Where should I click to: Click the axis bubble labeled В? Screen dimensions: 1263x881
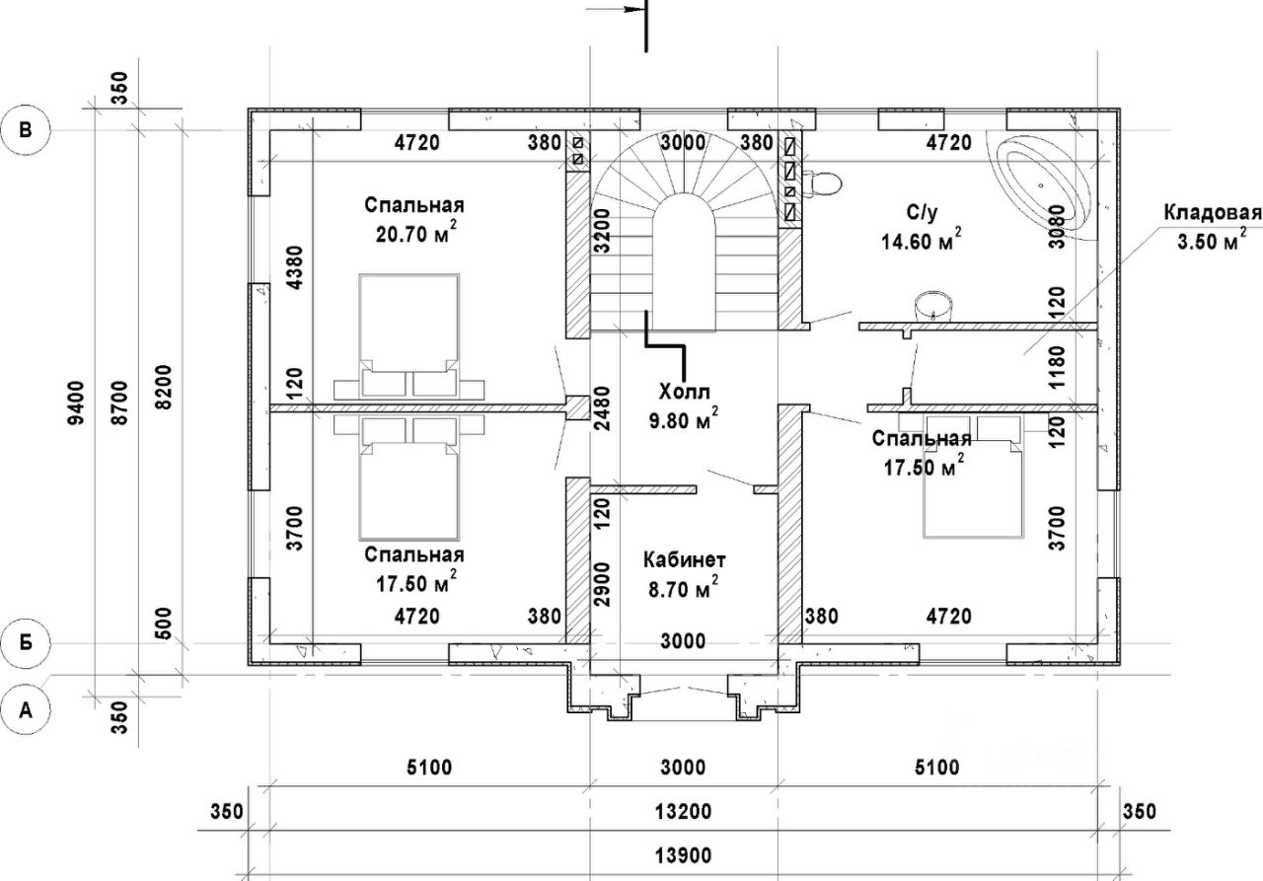29,128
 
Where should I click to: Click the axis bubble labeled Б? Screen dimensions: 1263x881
29,642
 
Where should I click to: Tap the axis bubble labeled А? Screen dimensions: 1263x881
29,707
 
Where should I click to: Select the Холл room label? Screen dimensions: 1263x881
683,391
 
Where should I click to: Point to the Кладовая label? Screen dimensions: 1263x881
1211,213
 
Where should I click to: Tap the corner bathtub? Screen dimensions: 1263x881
1046,185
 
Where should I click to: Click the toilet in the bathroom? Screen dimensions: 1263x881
820,183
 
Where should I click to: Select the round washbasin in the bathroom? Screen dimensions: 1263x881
932,306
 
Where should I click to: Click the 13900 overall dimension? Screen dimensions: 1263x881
682,855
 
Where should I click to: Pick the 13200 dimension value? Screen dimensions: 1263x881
682,812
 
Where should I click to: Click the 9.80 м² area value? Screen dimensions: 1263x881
682,420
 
